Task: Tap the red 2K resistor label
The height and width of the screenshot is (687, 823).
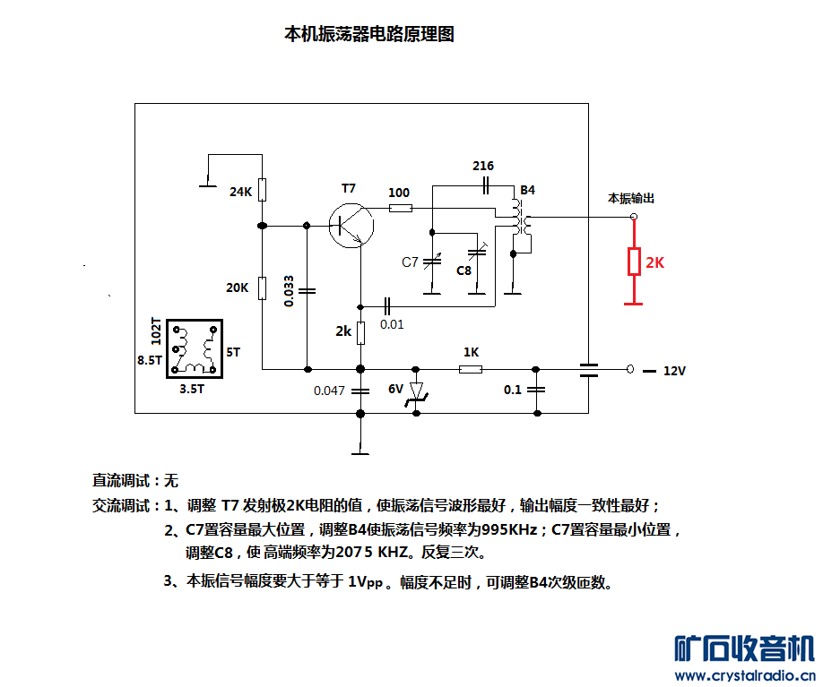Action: (x=655, y=262)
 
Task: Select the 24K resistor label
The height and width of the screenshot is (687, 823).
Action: (x=239, y=192)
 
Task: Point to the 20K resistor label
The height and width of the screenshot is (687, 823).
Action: (x=238, y=288)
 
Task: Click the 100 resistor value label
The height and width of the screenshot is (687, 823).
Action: (x=399, y=193)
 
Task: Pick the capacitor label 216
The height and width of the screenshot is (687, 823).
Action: (x=483, y=166)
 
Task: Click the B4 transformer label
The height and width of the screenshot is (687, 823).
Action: (x=528, y=191)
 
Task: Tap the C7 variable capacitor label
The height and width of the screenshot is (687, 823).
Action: (x=411, y=262)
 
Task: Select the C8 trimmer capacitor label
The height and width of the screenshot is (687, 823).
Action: (x=464, y=271)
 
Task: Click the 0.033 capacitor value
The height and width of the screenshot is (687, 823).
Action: (x=289, y=291)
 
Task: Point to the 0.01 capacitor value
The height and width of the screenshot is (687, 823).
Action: (x=392, y=323)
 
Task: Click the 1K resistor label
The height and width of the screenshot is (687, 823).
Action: (x=472, y=352)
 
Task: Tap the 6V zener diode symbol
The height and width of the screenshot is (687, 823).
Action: (x=416, y=391)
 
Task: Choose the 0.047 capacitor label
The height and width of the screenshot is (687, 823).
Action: (x=329, y=391)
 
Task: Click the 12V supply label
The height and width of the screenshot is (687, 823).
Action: (x=674, y=370)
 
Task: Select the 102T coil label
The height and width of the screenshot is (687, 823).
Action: (x=157, y=331)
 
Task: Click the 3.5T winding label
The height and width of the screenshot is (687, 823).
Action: (x=192, y=389)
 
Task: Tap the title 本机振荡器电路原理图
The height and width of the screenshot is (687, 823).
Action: (x=369, y=34)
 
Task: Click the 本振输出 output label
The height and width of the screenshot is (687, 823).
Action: (x=631, y=198)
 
